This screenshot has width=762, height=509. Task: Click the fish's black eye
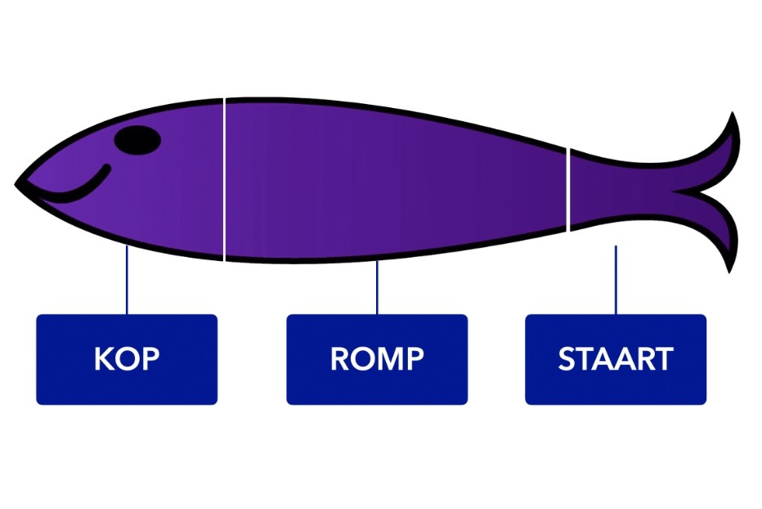[137, 140]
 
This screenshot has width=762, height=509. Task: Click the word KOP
[127, 359]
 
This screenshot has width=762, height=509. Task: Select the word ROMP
[377, 359]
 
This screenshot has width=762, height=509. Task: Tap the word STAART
[616, 359]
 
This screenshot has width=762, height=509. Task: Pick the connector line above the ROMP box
[377, 287]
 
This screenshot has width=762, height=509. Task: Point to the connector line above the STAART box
[616, 279]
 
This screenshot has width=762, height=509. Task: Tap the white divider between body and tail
[568, 188]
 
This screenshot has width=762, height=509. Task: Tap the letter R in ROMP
[340, 359]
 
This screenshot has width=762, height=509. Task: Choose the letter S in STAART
[567, 359]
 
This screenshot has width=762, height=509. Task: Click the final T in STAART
[663, 359]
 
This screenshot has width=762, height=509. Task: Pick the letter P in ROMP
[415, 359]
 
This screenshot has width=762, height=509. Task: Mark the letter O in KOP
[127, 359]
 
